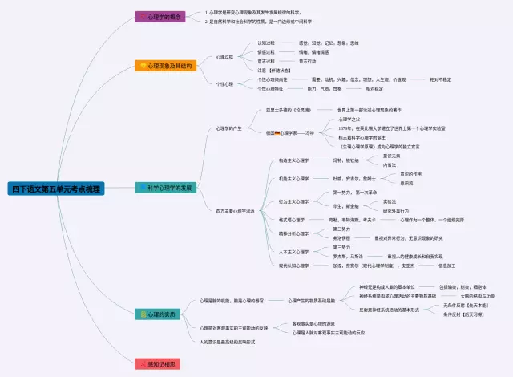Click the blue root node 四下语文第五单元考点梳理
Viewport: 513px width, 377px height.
point(56,189)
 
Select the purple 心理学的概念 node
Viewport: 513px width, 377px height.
point(160,16)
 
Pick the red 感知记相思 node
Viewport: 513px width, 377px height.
point(160,363)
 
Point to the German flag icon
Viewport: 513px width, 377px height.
point(277,132)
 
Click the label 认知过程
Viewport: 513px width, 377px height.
point(265,43)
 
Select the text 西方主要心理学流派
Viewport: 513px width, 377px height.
point(235,211)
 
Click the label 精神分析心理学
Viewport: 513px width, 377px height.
point(293,233)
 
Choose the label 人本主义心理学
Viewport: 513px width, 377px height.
point(293,252)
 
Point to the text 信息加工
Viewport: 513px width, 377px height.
point(446,265)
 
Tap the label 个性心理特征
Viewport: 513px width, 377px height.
point(271,89)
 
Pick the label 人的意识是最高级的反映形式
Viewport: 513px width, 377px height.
point(227,342)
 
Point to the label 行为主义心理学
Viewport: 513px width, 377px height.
point(293,201)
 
